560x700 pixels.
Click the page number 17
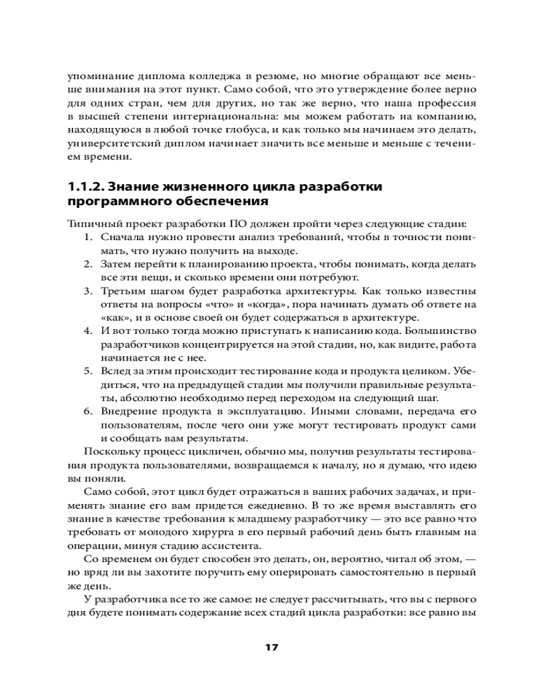272,647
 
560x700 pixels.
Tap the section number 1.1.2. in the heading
86,187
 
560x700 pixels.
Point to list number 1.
89,238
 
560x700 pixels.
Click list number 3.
89,291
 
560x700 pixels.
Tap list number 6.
89,412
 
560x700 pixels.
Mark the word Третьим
124,291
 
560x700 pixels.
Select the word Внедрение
129,412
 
